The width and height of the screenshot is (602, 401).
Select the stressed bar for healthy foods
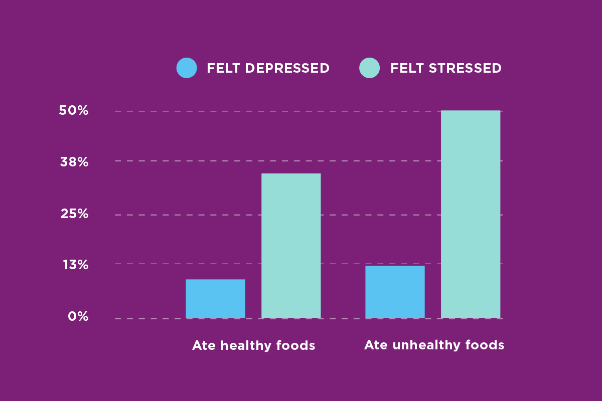click(291, 246)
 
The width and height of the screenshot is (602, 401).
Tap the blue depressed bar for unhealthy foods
click(395, 292)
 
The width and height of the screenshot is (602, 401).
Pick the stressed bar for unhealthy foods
click(471, 214)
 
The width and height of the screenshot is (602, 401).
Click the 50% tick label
click(74, 111)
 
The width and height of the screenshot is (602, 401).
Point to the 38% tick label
click(74, 162)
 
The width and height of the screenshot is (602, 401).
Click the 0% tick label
click(78, 316)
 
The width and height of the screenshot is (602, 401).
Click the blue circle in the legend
click(187, 68)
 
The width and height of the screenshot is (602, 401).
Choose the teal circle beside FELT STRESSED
click(370, 68)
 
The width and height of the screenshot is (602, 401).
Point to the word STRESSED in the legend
click(465, 68)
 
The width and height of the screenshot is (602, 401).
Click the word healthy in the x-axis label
click(245, 346)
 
